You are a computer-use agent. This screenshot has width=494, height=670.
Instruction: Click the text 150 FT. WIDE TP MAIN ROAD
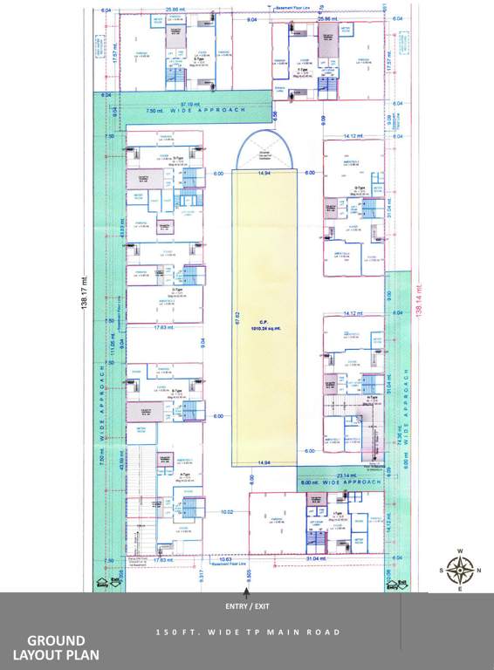[247, 632]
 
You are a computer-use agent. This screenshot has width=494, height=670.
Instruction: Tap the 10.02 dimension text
[227, 511]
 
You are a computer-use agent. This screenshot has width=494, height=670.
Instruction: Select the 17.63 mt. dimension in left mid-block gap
[162, 328]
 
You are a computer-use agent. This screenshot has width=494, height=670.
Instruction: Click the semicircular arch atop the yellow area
[264, 149]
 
